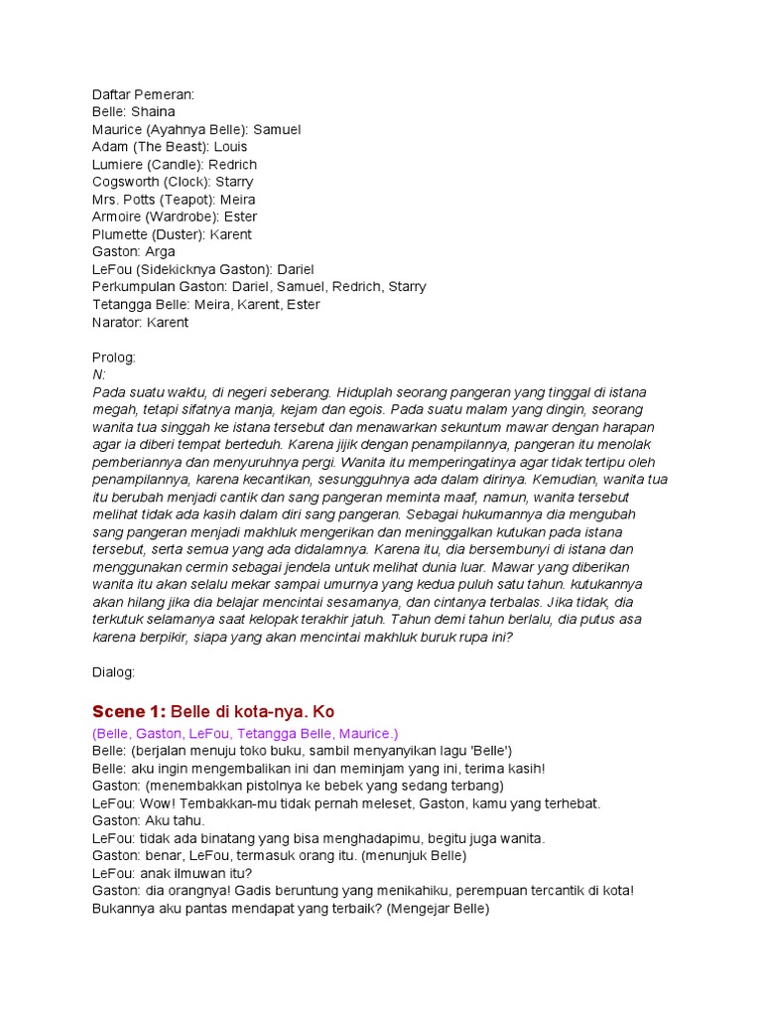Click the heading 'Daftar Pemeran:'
coord(143,94)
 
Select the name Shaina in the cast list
coord(153,112)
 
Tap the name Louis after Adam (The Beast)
coord(230,147)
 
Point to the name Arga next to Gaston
coord(160,252)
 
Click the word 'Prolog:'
coord(114,358)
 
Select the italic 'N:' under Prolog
coord(98,374)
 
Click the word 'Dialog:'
coord(114,672)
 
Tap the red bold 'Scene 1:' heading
coord(129,711)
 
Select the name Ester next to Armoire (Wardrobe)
coord(241,217)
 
